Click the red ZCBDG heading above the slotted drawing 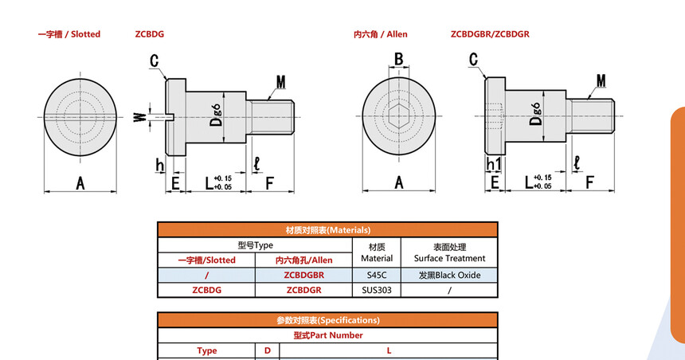pos(150,34)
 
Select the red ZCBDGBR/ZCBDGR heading pos(490,34)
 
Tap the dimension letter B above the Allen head pos(398,59)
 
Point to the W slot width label pos(139,117)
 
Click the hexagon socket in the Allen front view pos(398,116)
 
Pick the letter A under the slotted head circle pos(80,183)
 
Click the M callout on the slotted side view pos(281,82)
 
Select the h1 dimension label pos(493,164)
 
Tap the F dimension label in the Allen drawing pos(589,182)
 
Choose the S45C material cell pos(377,276)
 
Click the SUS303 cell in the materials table pos(377,290)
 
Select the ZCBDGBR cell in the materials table pos(303,276)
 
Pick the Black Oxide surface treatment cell pos(449,276)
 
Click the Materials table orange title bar pos(327,230)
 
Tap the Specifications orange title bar pos(327,320)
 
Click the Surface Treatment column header pos(449,252)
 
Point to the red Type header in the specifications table pos(206,350)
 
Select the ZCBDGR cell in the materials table pos(303,290)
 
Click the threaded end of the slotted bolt pos(271,118)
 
